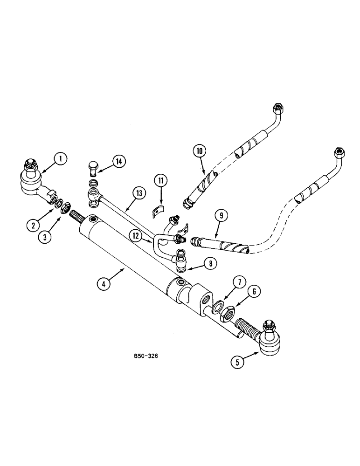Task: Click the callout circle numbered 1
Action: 60,159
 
